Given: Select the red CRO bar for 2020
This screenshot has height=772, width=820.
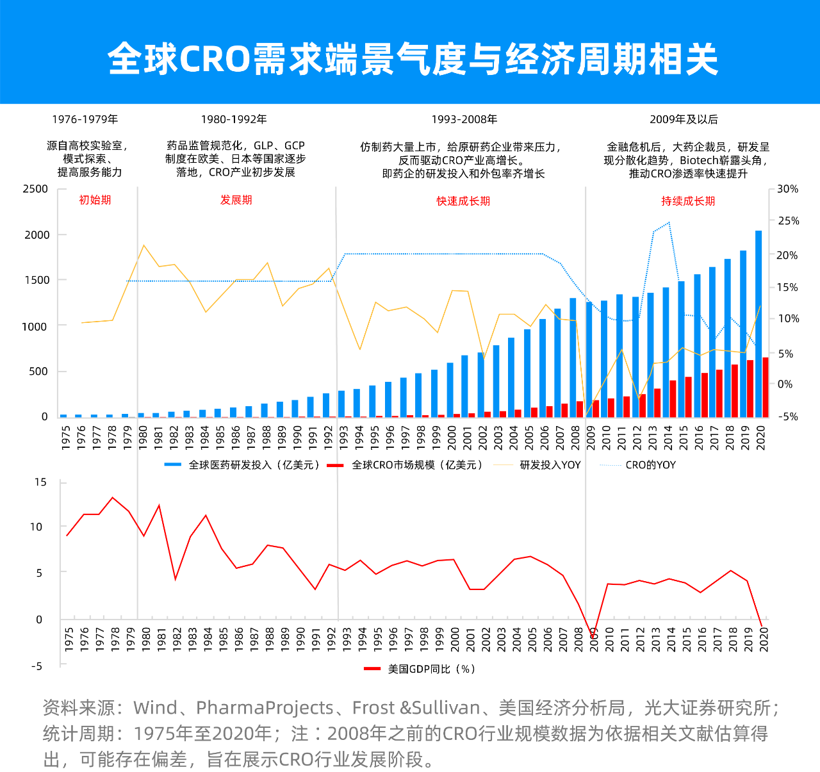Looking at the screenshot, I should pos(765,387).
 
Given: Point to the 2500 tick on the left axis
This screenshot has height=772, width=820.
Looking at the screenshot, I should pos(36,189).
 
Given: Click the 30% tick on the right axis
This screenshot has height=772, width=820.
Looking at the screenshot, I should pos(787,189).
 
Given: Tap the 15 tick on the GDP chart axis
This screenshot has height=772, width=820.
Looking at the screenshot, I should pos(41,482).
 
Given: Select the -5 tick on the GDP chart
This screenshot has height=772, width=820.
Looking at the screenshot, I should pos(37,666).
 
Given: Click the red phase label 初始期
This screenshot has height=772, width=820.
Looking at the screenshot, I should pos(95,200).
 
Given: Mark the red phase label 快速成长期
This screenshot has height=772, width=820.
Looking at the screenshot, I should pos(463,201).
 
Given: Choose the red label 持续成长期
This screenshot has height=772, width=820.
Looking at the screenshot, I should pos(688,201).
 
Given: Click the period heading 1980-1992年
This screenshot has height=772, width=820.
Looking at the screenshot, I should pos(233,119).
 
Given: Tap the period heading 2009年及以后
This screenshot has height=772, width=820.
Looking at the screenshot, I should pos(684,119).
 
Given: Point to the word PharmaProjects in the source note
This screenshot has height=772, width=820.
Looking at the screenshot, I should pos(265,708).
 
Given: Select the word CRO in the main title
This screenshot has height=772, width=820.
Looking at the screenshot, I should pos(213,59).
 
